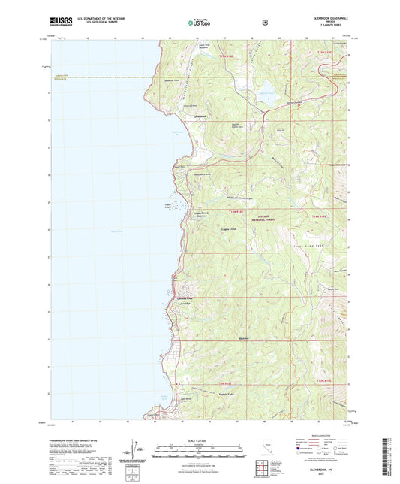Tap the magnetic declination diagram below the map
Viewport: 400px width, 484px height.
tap(136, 449)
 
